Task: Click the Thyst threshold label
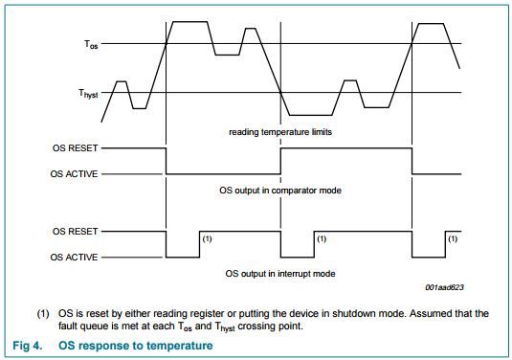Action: pyautogui.click(x=88, y=94)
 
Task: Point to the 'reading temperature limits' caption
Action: pyautogui.click(x=280, y=131)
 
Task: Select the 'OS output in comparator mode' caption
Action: pyautogui.click(x=280, y=191)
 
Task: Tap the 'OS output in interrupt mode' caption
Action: pyautogui.click(x=279, y=273)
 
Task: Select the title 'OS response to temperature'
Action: pyautogui.click(x=136, y=345)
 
